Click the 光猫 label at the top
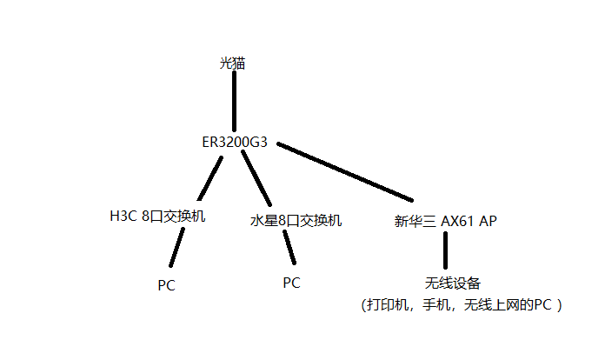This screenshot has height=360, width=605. click(x=233, y=63)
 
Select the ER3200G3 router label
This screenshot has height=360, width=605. click(x=234, y=142)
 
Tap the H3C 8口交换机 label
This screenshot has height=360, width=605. click(x=157, y=217)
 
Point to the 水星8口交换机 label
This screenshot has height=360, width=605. click(x=296, y=221)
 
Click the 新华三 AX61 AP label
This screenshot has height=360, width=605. click(x=445, y=221)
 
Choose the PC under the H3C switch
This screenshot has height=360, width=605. click(x=166, y=285)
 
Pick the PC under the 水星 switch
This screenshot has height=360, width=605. click(x=291, y=282)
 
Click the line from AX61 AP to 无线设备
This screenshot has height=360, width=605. click(x=445, y=250)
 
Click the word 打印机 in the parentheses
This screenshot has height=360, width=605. click(x=388, y=305)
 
